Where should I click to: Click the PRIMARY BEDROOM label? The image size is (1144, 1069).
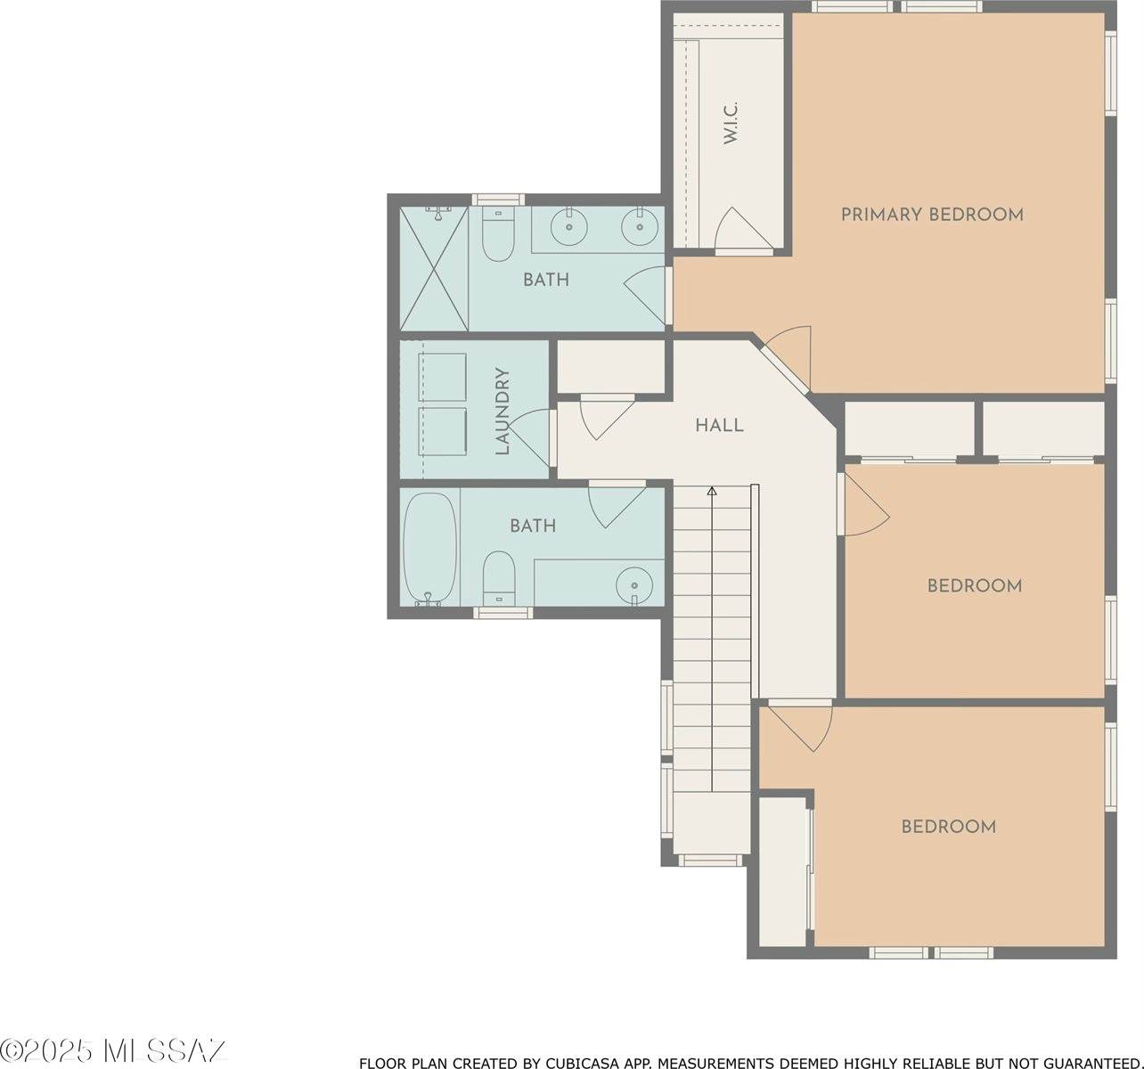point(932,215)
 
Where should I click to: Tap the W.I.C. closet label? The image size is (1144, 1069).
point(731,123)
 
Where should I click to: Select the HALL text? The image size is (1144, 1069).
point(719,426)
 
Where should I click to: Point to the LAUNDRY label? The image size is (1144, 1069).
point(503,412)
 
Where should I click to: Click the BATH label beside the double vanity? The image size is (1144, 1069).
point(545,280)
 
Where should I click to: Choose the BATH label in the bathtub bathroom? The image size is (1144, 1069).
point(533,526)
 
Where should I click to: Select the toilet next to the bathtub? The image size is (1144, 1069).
point(499,576)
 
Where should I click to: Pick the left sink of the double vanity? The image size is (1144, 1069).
point(568,227)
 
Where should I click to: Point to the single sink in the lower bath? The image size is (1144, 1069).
point(633,584)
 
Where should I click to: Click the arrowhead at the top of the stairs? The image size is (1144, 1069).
point(712,491)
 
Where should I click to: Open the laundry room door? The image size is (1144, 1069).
point(532,435)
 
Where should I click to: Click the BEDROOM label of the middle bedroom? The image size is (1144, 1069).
point(974,586)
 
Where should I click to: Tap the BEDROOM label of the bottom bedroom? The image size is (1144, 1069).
point(948,827)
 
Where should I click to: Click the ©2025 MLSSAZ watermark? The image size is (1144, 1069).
point(113,1050)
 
